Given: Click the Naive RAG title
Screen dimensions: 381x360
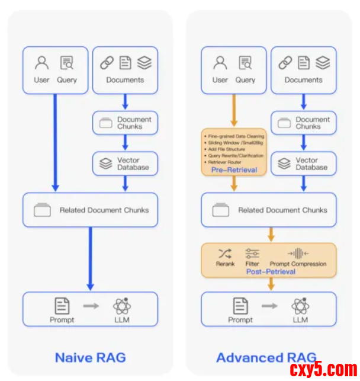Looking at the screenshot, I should [90, 358].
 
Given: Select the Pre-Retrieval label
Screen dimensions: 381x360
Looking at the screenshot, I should [234, 170].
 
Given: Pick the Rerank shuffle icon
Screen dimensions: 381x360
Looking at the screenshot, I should [225, 253].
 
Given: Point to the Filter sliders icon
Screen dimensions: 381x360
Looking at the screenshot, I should [252, 253].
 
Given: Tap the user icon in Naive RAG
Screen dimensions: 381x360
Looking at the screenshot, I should [41, 62].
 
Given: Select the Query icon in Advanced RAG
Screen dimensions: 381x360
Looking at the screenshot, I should [245, 62].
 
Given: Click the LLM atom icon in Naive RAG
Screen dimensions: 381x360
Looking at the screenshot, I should [122, 306].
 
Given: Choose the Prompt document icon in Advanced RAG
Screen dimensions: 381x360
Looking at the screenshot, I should [240, 306].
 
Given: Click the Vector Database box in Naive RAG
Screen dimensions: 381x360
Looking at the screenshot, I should [125, 164].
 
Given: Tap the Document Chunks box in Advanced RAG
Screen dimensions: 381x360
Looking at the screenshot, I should [304, 123].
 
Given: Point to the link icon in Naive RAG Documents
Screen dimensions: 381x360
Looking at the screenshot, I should [107, 62].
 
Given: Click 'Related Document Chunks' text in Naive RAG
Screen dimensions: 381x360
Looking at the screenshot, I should [104, 210].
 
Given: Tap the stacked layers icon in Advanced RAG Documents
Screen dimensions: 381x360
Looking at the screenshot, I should [323, 62].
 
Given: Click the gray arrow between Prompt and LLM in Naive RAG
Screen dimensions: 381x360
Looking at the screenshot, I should [91, 306].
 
